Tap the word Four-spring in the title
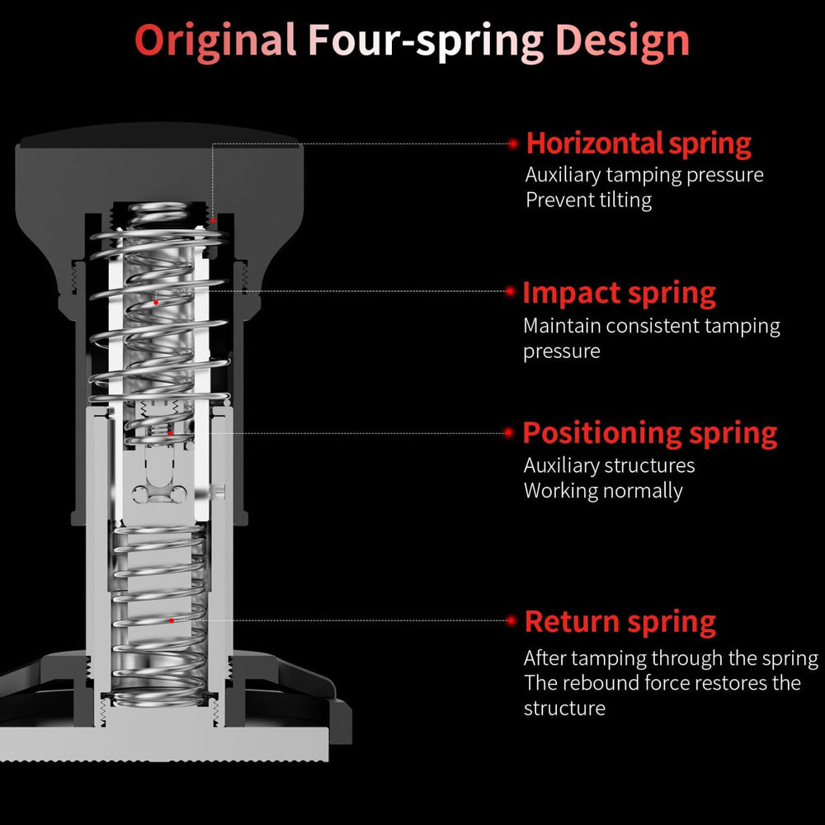pos(425,40)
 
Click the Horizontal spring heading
pos(639,144)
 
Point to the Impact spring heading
pos(619,293)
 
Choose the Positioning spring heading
pos(650,433)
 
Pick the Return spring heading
pos(620,621)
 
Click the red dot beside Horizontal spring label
pos(513,144)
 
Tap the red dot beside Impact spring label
pos(511,291)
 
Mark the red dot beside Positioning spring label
pos(511,432)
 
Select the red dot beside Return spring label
pos(511,620)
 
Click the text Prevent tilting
pos(588,200)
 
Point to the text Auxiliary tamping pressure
pos(644,175)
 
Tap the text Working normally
pos(603,491)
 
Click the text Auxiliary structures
pos(609,466)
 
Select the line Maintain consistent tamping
pos(651,326)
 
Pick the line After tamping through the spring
pos(670,658)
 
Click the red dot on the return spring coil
pos(171,620)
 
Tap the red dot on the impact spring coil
pos(156,302)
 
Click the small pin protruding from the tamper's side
pos(220,492)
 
